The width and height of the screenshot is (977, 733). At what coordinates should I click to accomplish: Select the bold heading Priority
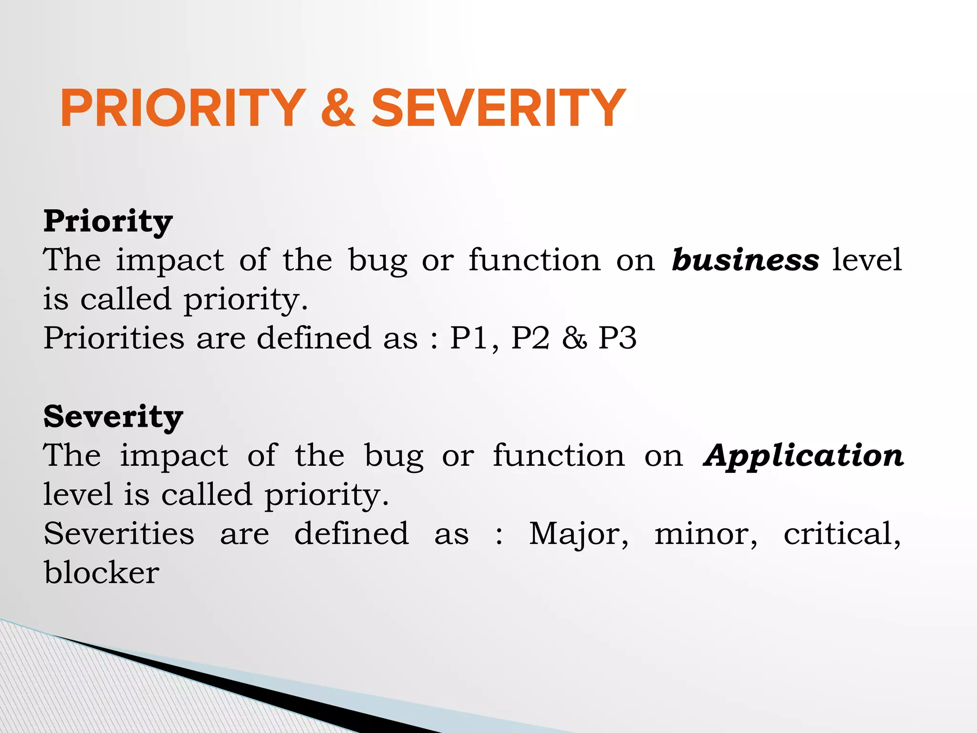(108, 221)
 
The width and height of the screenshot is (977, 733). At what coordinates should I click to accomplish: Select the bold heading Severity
(113, 417)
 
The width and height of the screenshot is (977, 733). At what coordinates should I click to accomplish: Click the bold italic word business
(745, 260)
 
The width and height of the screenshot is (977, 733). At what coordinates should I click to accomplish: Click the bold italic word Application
(803, 456)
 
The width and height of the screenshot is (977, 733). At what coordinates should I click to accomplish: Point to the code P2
(530, 338)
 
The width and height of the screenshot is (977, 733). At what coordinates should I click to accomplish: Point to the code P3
(617, 338)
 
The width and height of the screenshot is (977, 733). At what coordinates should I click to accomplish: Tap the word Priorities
(114, 338)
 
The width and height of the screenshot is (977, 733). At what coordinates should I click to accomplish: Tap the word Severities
(119, 533)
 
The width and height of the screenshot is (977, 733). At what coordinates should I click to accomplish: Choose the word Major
(578, 534)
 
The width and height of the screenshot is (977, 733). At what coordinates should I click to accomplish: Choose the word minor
(706, 534)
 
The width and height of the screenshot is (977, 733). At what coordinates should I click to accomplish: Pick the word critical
(842, 533)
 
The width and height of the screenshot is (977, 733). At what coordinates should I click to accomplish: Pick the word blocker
(102, 572)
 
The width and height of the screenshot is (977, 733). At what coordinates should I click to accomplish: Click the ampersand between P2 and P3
(574, 338)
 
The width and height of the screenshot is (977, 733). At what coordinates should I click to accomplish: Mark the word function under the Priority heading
(534, 260)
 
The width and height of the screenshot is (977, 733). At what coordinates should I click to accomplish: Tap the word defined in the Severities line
(352, 533)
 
